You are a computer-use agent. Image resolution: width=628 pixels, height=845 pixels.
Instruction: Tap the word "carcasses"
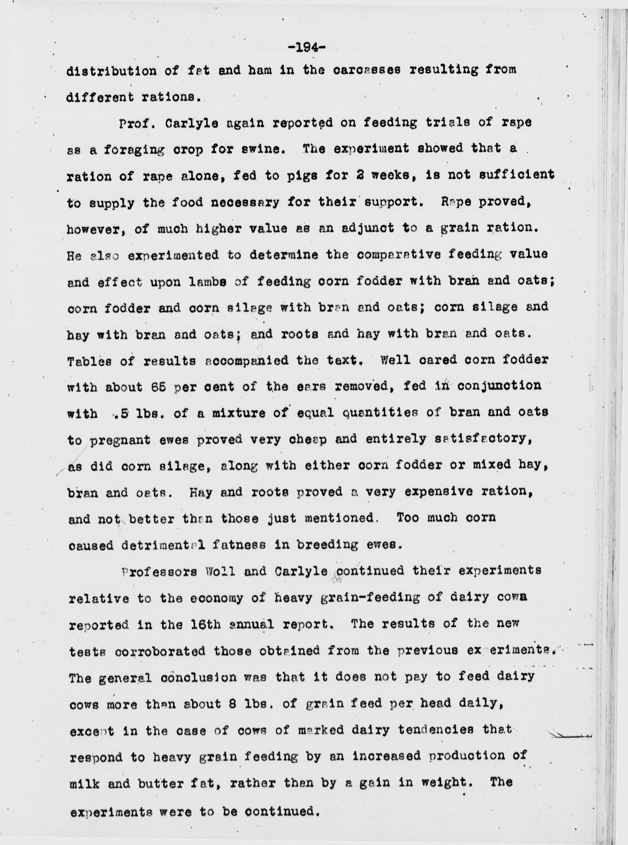pyautogui.click(x=367, y=71)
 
